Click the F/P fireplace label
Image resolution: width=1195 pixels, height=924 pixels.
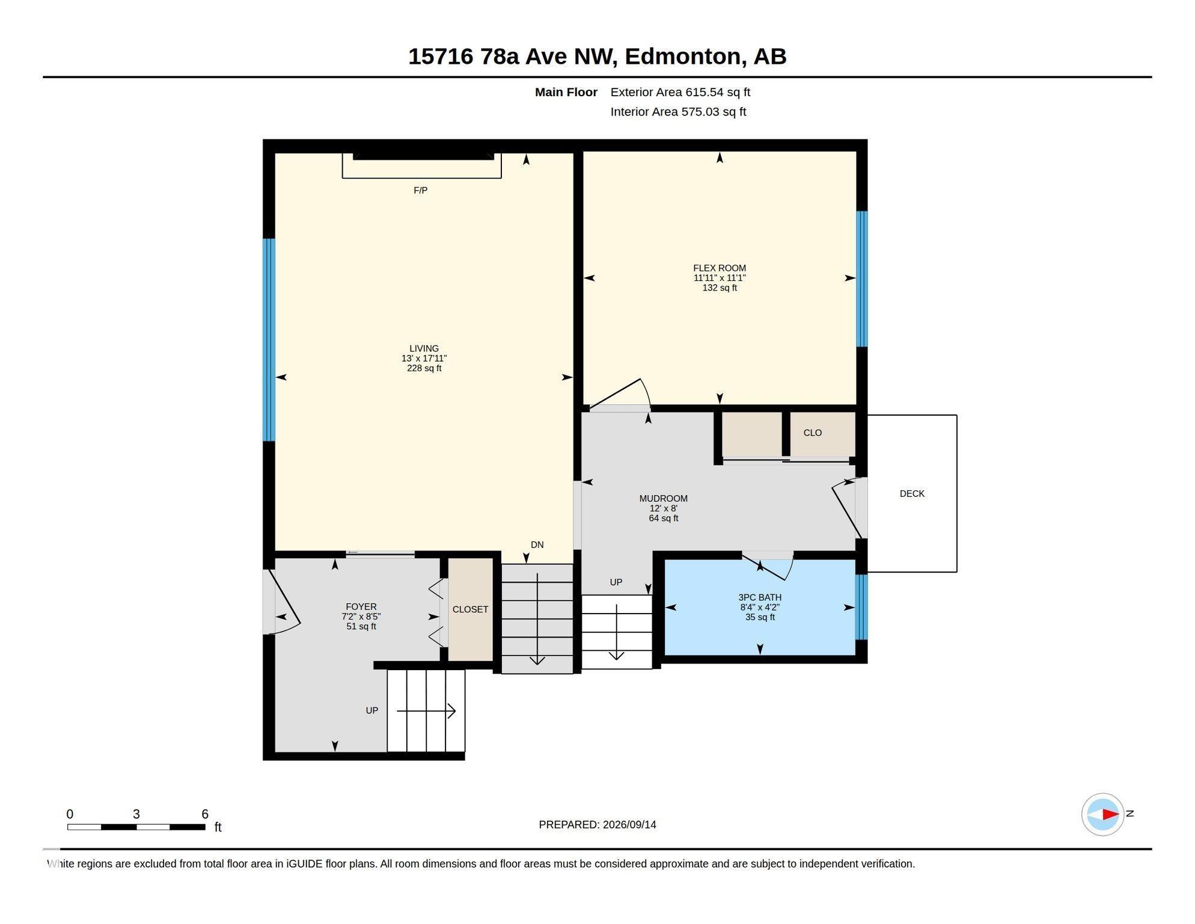420,190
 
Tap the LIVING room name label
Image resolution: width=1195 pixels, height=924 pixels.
424,348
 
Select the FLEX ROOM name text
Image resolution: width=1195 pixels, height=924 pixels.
719,268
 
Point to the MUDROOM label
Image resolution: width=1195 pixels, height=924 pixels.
663,498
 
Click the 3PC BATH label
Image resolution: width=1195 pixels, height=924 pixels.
760,597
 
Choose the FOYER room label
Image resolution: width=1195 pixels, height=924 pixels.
361,606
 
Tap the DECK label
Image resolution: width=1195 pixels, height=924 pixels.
912,493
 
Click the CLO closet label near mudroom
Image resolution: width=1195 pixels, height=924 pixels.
812,433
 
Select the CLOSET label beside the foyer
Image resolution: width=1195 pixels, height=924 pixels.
470,609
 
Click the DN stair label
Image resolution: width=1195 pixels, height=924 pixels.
537,544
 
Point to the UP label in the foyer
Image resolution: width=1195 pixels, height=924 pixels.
371,710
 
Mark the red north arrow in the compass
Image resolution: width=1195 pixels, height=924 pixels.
1110,815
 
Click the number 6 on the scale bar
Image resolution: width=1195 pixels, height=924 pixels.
204,814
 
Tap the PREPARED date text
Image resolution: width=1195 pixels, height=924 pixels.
597,825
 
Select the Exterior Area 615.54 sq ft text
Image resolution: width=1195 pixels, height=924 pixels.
680,92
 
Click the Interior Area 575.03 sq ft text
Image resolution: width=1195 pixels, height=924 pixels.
678,111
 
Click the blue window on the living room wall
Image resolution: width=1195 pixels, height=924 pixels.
269,340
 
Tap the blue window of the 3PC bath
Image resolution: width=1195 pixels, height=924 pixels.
861,606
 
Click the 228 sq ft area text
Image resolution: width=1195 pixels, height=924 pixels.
424,368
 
